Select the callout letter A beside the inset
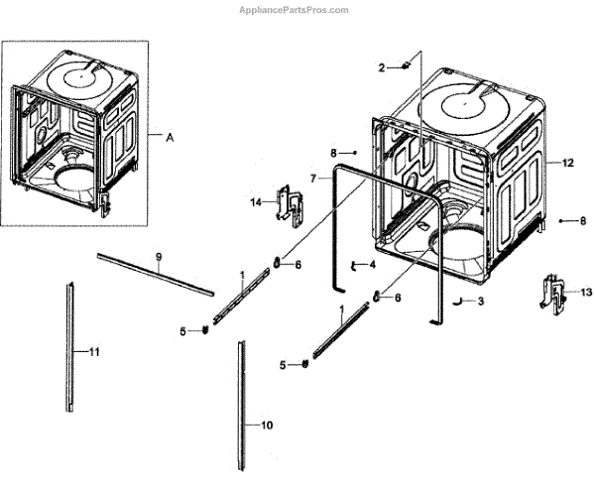pos(169,138)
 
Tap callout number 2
pos(380,66)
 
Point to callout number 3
pos(480,301)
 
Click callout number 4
pos(372,265)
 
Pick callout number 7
pos(312,179)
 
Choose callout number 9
pos(158,257)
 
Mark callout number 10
pos(267,426)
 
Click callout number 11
pos(95,352)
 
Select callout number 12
pos(568,162)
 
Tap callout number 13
pos(585,293)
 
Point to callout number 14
pos(256,202)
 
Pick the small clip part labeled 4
pos(354,265)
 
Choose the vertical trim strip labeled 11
pos(69,347)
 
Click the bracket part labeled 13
pos(552,292)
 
